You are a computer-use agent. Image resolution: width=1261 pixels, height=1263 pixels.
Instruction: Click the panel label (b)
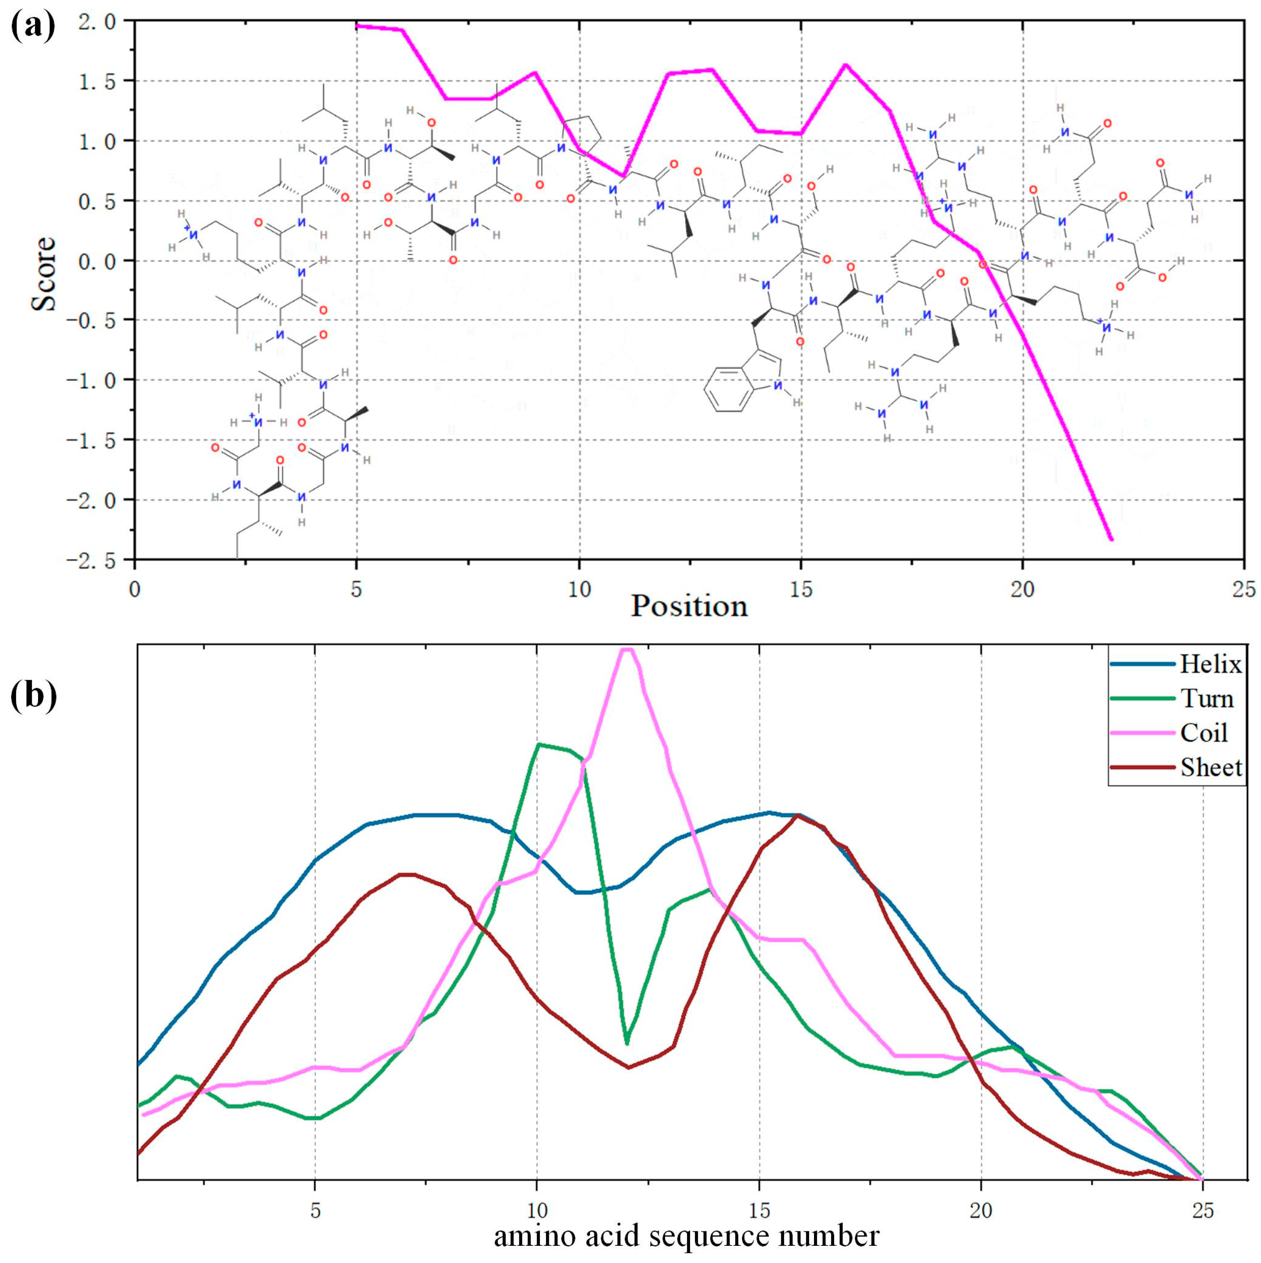pos(34,696)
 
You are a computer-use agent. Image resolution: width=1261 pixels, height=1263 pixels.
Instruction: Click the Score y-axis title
pos(44,273)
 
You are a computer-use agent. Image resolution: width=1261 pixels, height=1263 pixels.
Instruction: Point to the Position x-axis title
pos(688,606)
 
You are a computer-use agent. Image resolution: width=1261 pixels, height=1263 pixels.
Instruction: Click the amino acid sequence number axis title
pos(686,1235)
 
